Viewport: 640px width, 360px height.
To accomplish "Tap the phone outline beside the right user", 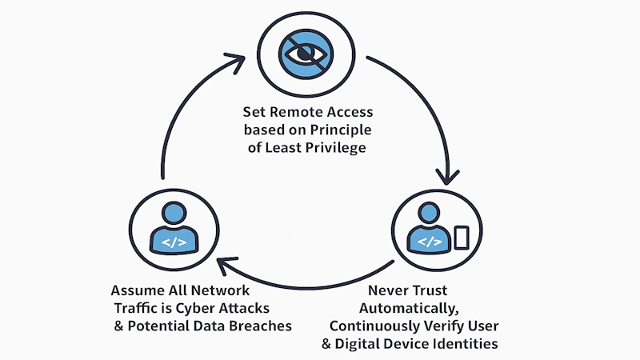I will (461, 238).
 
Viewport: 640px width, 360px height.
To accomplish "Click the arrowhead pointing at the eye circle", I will (240, 60).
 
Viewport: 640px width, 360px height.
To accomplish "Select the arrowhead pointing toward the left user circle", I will (227, 264).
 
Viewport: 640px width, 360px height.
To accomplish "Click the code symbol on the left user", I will (172, 239).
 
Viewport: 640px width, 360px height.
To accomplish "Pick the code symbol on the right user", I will (430, 240).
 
